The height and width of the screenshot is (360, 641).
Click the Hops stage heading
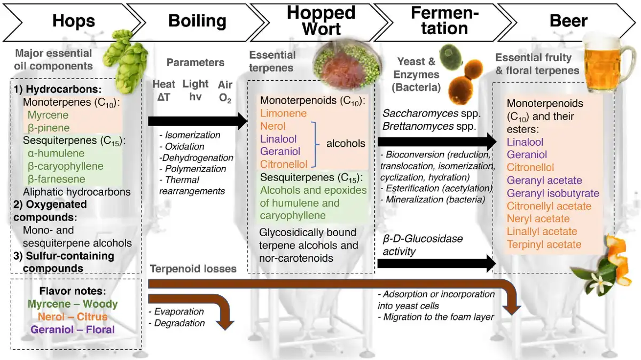coord(74,21)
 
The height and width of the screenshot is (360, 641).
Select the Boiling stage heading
coord(197,21)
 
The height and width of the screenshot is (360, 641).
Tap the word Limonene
coord(283,113)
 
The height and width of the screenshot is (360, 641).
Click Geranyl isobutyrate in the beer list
coord(553,193)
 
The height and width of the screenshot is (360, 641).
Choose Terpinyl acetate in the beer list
coord(544,245)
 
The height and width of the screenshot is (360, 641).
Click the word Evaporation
coord(179,311)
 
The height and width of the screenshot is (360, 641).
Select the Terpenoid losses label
coord(193,269)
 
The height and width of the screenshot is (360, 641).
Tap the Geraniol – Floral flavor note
coord(73,330)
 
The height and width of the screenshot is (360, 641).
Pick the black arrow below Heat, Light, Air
coord(198,122)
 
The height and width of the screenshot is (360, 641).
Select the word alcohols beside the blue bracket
coord(346,143)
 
